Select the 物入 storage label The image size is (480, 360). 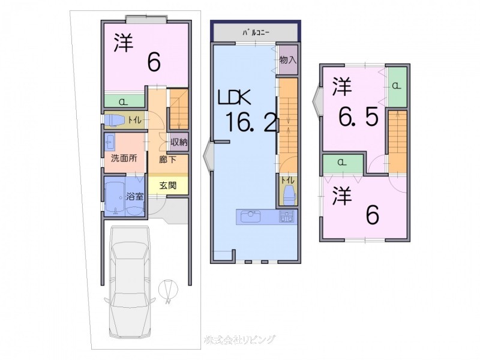coord(288,59)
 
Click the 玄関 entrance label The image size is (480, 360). coord(168,185)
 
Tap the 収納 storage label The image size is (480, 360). coord(179,143)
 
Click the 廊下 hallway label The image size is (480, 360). coord(167,160)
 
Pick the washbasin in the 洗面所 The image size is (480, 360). coord(111,143)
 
